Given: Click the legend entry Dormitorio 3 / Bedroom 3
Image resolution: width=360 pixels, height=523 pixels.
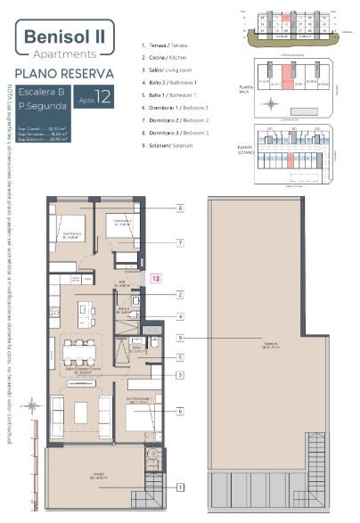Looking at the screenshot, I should click(182, 132).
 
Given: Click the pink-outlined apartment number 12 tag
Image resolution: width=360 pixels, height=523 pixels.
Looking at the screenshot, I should click(155, 279).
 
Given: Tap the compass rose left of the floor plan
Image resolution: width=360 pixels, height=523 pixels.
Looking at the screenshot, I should click(32, 406).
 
